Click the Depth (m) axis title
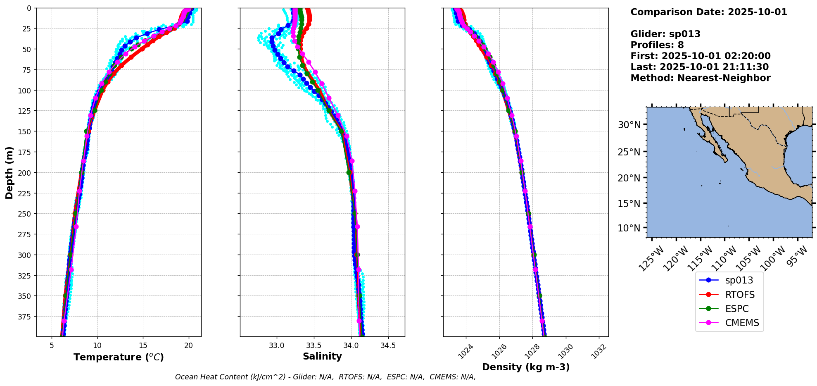9,172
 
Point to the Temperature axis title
119,357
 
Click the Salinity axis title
322,356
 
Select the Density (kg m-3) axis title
526,367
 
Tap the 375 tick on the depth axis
24,317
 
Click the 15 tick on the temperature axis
143,345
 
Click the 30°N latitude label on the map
629,125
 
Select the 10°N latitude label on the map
629,228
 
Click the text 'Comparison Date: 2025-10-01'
708,12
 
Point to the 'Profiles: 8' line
657,45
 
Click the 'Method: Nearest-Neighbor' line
700,78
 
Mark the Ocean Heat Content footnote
325,377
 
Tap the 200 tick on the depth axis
24,173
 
